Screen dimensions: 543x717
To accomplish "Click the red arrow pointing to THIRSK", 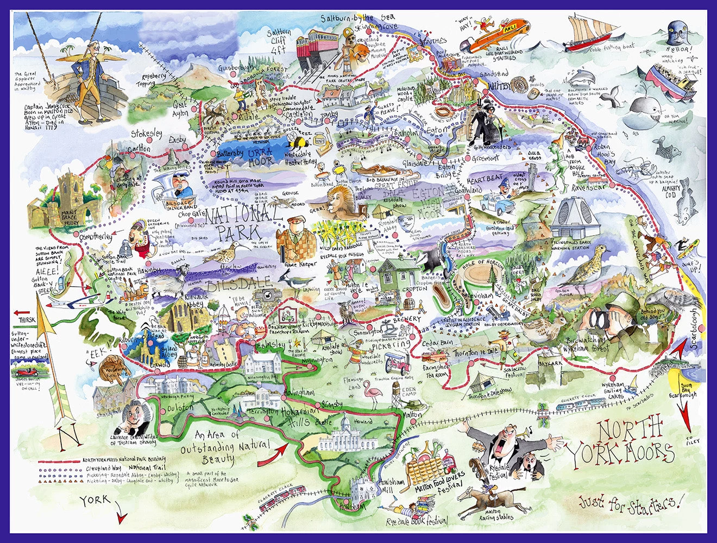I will pos(22,312).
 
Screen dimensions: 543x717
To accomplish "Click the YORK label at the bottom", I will pos(94,500).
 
